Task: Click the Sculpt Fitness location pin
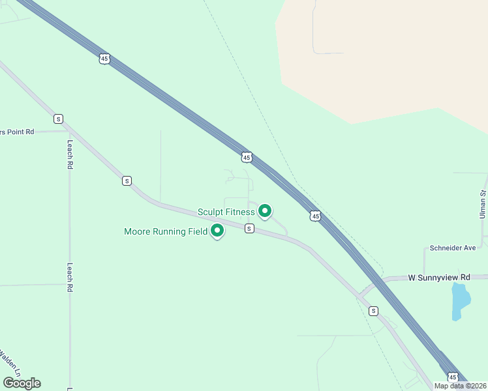coord(265,210)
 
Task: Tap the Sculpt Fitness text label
coord(226,212)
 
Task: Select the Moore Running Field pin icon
coord(217,231)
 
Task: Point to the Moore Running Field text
coord(166,231)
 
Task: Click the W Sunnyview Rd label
coord(439,277)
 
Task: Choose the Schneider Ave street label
coord(453,248)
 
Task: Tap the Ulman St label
coord(483,203)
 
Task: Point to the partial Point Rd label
coord(17,132)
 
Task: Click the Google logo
coord(22,383)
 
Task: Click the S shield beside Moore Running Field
coord(249,228)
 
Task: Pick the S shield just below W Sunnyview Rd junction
coord(373,311)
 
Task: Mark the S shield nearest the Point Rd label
coord(59,119)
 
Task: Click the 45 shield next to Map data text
coord(453,377)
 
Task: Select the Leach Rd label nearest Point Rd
coord(69,154)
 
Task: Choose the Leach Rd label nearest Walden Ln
coord(69,277)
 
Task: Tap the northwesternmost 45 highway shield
coord(104,59)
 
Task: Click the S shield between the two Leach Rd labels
coord(127,181)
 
